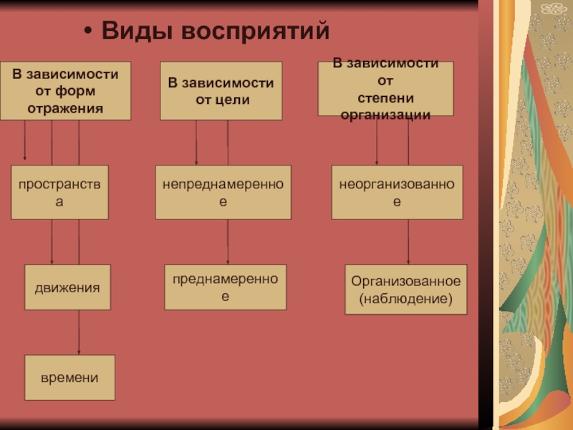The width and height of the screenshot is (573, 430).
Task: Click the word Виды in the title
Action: pyautogui.click(x=135, y=32)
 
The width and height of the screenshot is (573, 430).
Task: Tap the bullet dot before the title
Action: pyautogui.click(x=87, y=32)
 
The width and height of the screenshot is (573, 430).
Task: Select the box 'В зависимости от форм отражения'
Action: pyautogui.click(x=65, y=91)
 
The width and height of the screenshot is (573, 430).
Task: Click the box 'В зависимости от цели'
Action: pyautogui.click(x=221, y=91)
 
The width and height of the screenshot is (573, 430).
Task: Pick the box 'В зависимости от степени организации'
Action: pyautogui.click(x=385, y=89)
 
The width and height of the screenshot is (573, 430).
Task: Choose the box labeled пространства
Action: pyautogui.click(x=59, y=192)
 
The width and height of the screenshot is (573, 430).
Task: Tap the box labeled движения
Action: pyautogui.click(x=67, y=287)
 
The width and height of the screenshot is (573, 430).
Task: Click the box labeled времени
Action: pyautogui.click(x=69, y=377)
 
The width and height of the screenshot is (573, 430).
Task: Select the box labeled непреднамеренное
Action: pyautogui.click(x=223, y=192)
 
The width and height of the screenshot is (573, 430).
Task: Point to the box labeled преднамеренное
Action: pyautogui.click(x=225, y=287)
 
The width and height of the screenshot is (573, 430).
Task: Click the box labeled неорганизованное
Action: pyautogui.click(x=396, y=192)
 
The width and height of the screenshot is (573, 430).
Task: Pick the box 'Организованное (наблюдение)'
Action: pyautogui.click(x=405, y=290)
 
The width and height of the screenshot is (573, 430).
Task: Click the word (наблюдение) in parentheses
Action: pyautogui.click(x=405, y=297)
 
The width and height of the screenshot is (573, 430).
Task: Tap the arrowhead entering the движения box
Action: pyautogui.click(x=52, y=262)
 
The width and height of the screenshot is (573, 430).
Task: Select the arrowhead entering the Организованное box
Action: pyautogui.click(x=408, y=262)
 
